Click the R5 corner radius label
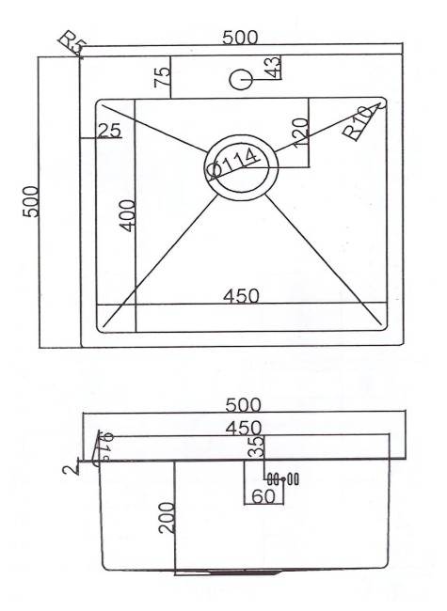72,43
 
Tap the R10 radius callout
359,122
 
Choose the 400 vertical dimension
127,214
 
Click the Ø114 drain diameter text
233,163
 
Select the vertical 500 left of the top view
31,201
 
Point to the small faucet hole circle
240,80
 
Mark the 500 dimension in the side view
242,404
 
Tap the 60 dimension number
263,494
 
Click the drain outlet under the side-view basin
226,571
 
